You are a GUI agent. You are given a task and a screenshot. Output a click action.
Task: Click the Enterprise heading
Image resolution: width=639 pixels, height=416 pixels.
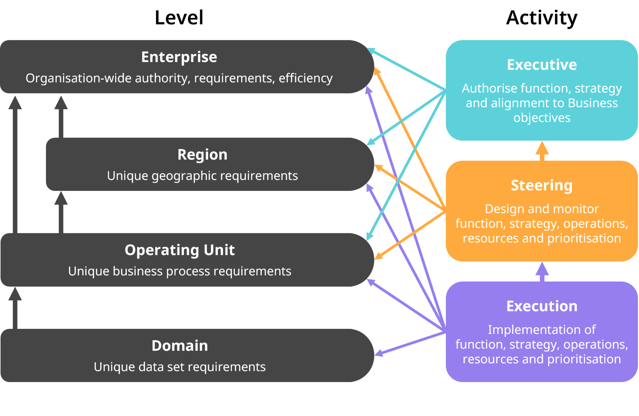click(179, 57)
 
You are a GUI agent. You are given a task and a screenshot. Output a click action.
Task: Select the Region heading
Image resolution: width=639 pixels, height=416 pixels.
click(202, 155)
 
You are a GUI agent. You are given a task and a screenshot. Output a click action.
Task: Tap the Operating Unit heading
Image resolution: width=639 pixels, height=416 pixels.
click(179, 250)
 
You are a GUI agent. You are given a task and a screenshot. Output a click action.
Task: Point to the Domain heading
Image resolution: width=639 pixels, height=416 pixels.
click(180, 346)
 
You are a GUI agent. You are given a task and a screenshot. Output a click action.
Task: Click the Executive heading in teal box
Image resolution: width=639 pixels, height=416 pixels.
click(542, 65)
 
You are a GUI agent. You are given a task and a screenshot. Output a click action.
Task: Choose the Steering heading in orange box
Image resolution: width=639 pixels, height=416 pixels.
click(542, 186)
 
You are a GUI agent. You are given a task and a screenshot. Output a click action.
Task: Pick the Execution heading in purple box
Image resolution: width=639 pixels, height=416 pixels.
click(542, 306)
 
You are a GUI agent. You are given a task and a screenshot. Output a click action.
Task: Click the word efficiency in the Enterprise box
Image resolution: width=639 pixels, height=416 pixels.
click(305, 78)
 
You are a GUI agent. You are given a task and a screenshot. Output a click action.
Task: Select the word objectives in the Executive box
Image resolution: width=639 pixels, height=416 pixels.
click(542, 118)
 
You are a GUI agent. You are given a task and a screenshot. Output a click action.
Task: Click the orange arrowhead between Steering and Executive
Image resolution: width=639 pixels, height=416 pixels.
click(542, 148)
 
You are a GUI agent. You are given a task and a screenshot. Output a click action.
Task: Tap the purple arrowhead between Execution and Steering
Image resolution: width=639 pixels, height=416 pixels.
click(542, 269)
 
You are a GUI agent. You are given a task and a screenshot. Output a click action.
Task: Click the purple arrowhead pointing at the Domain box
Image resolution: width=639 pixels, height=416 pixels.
click(378, 354)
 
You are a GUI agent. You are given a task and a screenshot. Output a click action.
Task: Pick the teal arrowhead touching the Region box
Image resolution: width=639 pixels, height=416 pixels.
click(370, 142)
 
